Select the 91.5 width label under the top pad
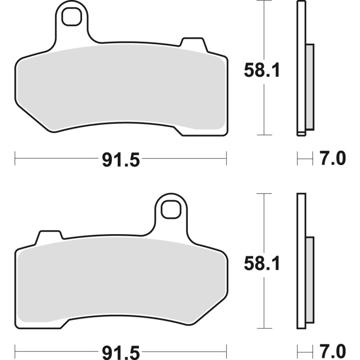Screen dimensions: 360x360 point(121,160)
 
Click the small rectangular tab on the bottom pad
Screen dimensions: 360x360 point(51,236)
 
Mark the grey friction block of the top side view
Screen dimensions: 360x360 point(309,87)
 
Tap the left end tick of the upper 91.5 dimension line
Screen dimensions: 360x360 point(15,160)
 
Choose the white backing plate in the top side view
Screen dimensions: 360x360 point(300,30)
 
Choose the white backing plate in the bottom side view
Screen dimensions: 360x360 point(300,219)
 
